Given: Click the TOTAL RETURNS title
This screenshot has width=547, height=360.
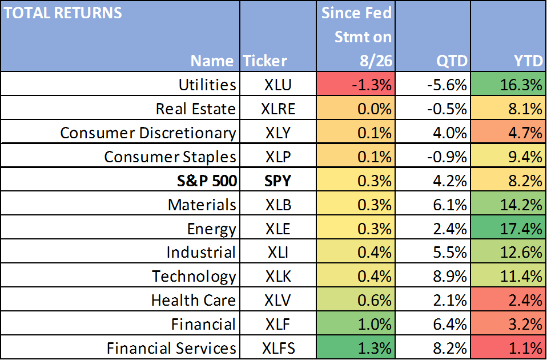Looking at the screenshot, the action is [63, 13].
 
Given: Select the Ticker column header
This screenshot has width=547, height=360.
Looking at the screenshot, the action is [265, 61].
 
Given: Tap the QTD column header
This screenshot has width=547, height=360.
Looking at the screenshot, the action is [452, 62].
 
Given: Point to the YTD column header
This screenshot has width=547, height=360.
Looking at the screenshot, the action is [528, 61].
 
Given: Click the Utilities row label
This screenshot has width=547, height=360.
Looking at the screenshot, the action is [207, 85].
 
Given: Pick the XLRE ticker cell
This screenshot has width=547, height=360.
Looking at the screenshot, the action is [278, 109].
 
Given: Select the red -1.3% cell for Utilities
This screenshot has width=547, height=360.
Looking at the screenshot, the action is [356, 84].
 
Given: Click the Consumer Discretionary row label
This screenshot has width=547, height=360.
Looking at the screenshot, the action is [148, 133].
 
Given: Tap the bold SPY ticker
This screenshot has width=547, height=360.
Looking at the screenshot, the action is [277, 181].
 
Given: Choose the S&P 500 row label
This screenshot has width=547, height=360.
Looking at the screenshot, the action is [207, 181].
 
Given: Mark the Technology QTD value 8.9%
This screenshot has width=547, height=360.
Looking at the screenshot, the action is [450, 277].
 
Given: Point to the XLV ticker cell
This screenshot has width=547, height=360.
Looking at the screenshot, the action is [277, 301].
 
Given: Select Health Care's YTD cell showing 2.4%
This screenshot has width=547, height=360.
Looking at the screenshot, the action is [508, 299].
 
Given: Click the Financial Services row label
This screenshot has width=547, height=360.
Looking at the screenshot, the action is [171, 349].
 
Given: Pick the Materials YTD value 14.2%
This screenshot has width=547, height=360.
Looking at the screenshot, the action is [521, 205].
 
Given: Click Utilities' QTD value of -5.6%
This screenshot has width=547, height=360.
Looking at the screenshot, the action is [447, 85].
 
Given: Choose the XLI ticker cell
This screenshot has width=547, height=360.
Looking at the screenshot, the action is [278, 253].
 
